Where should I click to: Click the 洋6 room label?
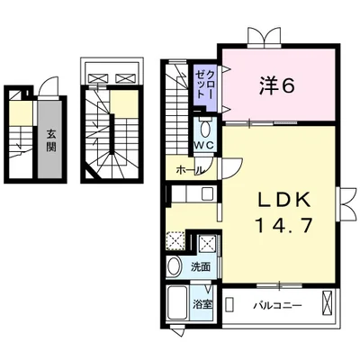pyautogui.click(x=276, y=85)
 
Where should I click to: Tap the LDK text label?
pyautogui.click(x=284, y=201)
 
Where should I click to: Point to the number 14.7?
pyautogui.click(x=284, y=225)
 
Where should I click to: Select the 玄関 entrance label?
pyautogui.click(x=50, y=140)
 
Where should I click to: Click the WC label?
pyautogui.click(x=204, y=145)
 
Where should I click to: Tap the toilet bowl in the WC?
pyautogui.click(x=205, y=129)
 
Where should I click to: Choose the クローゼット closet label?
pyautogui.click(x=204, y=84)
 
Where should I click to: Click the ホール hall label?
pyautogui.click(x=190, y=170)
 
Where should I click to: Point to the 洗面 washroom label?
pyautogui.click(x=201, y=266)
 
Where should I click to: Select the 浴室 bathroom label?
pyautogui.click(x=202, y=305)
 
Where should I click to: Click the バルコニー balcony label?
pyautogui.click(x=278, y=306)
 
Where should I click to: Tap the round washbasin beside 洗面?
pyautogui.click(x=175, y=265)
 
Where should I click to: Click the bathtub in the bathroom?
pyautogui.click(x=177, y=302)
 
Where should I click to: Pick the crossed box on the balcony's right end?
pyautogui.click(x=327, y=302)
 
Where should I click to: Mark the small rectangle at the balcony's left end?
pyautogui.click(x=229, y=304)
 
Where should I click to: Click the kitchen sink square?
pyautogui.click(x=207, y=193)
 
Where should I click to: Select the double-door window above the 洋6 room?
pyautogui.click(x=265, y=38)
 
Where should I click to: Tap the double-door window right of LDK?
pyautogui.click(x=347, y=204)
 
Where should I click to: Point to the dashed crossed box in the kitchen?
pyautogui.click(x=175, y=241)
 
